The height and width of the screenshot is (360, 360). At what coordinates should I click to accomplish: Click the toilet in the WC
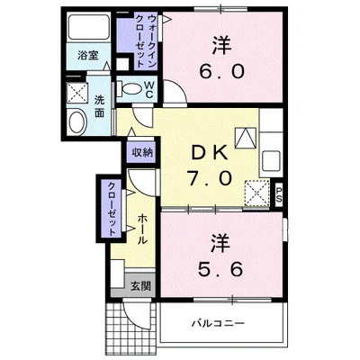coord(133,90)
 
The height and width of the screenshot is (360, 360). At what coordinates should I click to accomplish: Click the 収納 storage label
coord(141,153)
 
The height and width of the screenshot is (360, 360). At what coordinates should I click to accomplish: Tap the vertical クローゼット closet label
coord(111,208)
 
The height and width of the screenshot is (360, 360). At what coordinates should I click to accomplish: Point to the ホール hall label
coord(143,232)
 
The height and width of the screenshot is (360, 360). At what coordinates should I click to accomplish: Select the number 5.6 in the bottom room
coord(220,267)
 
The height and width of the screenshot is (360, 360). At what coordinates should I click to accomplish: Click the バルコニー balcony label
coord(218,325)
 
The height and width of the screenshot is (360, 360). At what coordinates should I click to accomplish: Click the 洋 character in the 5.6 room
coord(220,240)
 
